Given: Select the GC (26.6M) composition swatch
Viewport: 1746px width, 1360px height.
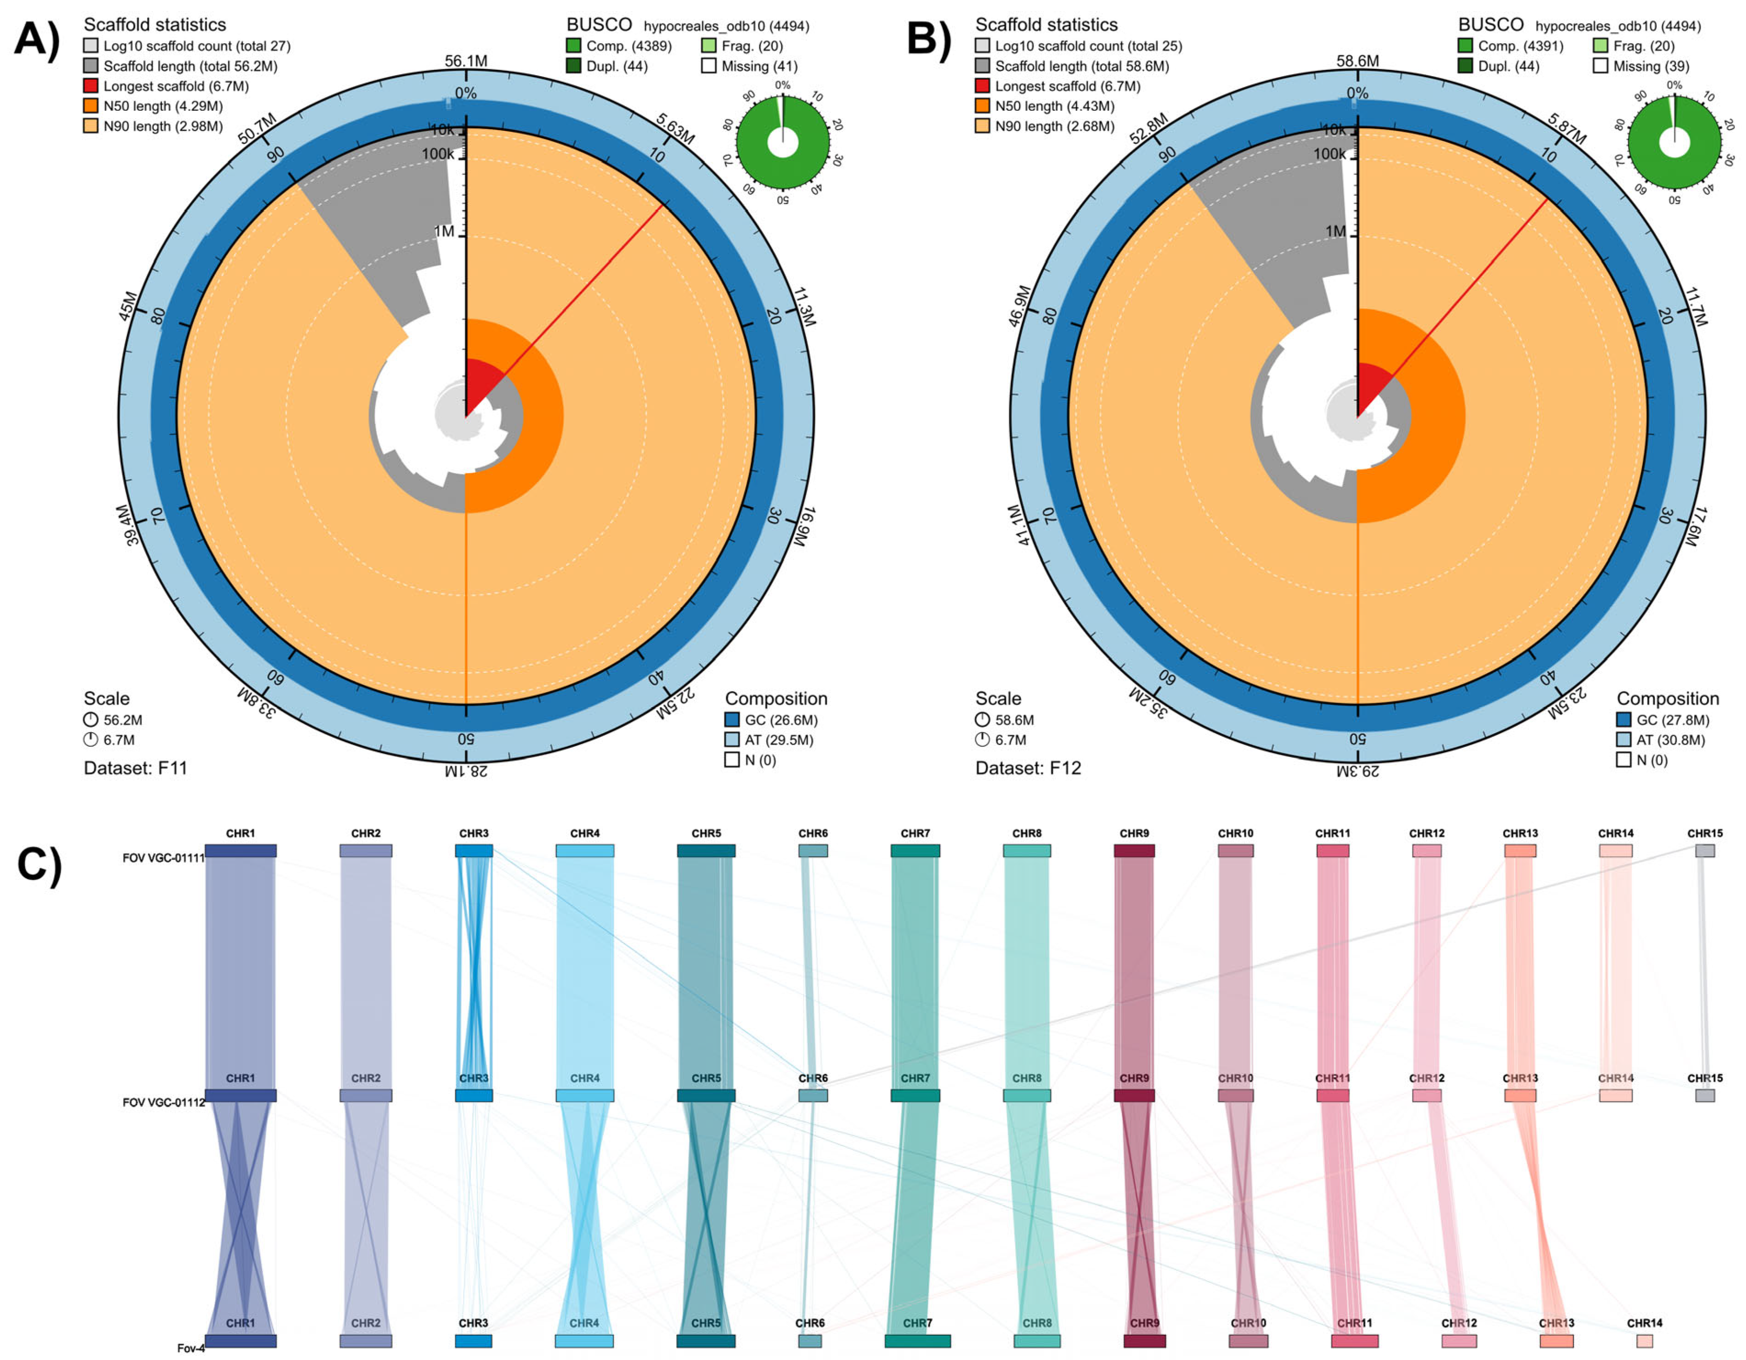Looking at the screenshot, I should [x=731, y=720].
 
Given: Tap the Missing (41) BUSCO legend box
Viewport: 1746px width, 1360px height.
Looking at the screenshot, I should [x=708, y=66].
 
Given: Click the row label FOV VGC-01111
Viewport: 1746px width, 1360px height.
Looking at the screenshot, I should [x=163, y=858].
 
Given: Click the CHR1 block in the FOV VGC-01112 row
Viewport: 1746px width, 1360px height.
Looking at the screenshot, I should [x=241, y=1095].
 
